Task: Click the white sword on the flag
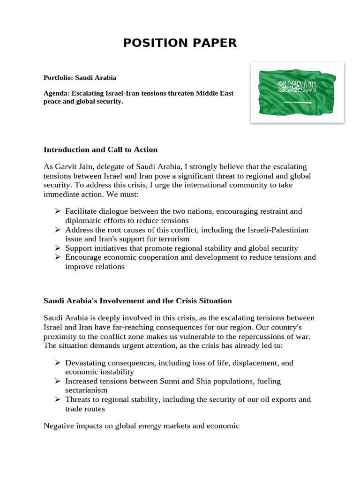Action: click(x=296, y=102)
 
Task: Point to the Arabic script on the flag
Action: click(x=296, y=87)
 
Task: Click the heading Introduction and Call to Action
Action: click(x=100, y=150)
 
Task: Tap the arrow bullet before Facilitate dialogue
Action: click(x=58, y=211)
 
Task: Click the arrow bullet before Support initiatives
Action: click(x=58, y=248)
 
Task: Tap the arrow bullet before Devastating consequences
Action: click(x=58, y=363)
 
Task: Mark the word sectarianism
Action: click(x=86, y=390)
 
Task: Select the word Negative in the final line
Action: click(x=59, y=426)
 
